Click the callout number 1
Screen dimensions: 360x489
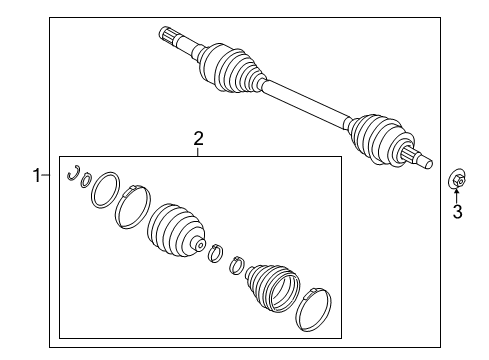click(37, 176)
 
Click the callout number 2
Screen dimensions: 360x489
click(198, 139)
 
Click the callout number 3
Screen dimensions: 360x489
click(457, 212)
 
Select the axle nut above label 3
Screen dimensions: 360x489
click(455, 181)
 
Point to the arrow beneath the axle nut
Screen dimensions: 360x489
click(457, 196)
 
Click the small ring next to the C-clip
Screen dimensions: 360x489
click(86, 180)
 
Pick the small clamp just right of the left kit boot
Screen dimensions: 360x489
click(215, 255)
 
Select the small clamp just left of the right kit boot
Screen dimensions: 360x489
click(238, 265)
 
